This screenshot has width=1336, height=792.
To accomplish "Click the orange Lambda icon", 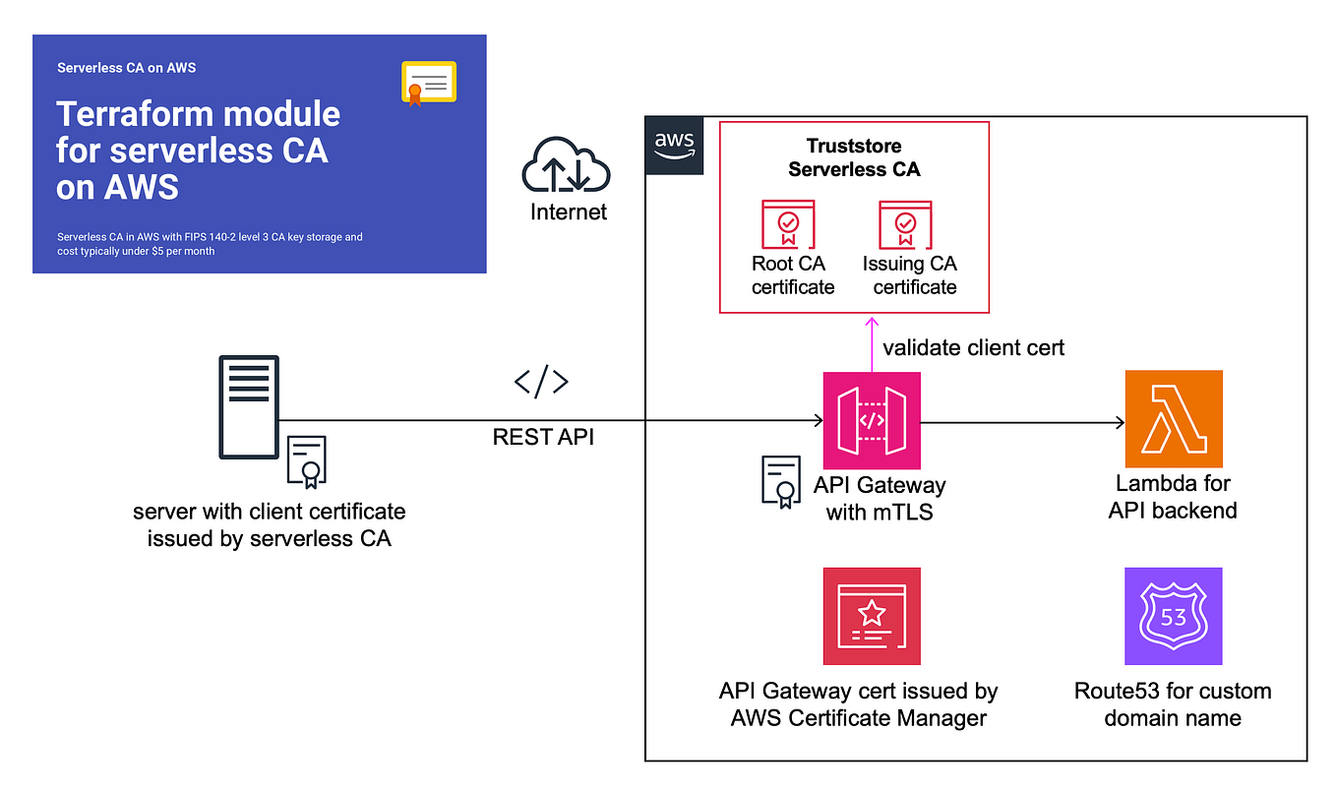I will pos(1174,419).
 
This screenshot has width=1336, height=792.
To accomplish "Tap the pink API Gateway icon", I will pos(872,420).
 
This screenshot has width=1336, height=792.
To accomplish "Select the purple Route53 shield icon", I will pos(1174,616).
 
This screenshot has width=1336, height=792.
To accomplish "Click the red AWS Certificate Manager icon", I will pos(872,616).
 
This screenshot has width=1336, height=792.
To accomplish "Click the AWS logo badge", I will pos(674,146).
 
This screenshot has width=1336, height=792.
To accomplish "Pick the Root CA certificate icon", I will pos(788,225).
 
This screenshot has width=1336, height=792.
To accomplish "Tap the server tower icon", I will pos(249,406).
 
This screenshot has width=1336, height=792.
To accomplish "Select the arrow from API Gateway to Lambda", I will pos(1023,423).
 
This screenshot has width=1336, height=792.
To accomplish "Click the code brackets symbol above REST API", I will pos(542,383).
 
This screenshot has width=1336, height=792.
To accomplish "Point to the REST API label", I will pos(543,437).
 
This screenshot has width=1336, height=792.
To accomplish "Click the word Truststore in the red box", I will pos(854,147).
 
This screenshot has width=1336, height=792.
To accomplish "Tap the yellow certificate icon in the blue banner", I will pos(429,83).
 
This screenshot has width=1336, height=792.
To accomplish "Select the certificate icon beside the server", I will pos(307,461).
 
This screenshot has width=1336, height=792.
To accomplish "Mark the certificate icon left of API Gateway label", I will pos(781,481).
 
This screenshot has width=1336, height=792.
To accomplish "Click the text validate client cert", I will pos(973,347).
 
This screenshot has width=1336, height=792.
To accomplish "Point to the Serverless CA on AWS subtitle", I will pos(126,68).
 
